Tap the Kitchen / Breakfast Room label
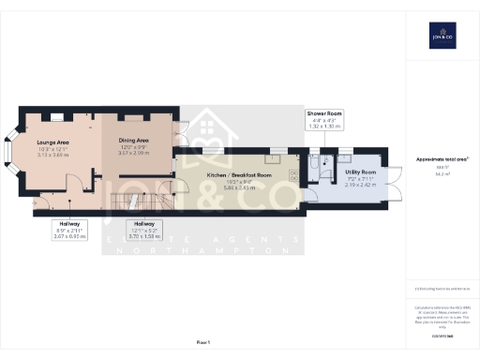(238, 175)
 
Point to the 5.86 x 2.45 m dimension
(238, 187)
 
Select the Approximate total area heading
(441, 159)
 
